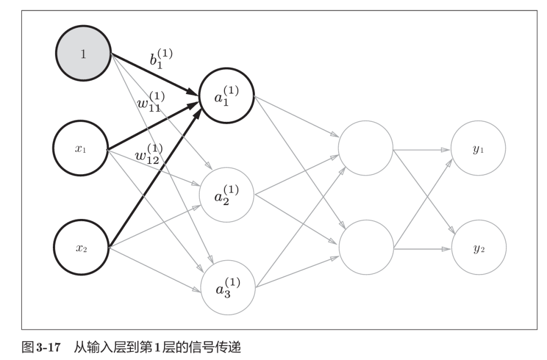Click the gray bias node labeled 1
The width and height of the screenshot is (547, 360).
(x=83, y=53)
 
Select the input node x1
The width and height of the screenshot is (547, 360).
(x=81, y=148)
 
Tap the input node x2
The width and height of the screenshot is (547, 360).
(x=81, y=248)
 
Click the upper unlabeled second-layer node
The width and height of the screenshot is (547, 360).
(x=366, y=148)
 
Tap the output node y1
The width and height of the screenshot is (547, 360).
(x=478, y=148)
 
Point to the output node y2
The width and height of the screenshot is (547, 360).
(x=478, y=248)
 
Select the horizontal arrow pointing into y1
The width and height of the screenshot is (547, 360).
(x=422, y=150)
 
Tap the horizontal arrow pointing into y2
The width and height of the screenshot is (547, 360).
(x=422, y=249)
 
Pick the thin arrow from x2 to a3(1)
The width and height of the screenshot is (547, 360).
(x=155, y=270)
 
